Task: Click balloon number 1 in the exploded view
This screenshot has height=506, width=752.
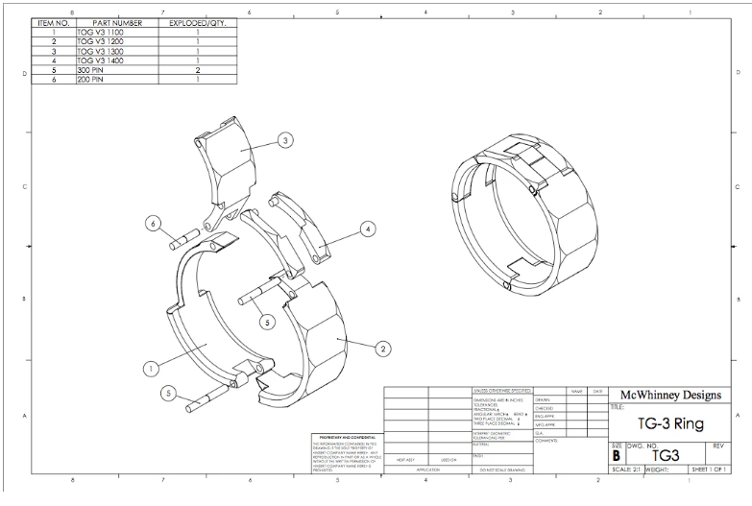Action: pyautogui.click(x=150, y=367)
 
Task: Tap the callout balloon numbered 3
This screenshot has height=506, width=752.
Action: pyautogui.click(x=285, y=140)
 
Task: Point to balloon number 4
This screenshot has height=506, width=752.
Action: pyautogui.click(x=368, y=229)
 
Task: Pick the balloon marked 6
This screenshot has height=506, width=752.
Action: pyautogui.click(x=152, y=223)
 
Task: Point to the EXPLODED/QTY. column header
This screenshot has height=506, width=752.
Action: pyautogui.click(x=197, y=22)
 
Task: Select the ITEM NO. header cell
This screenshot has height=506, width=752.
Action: pyautogui.click(x=54, y=22)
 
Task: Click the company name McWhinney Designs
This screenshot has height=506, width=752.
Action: pyautogui.click(x=671, y=395)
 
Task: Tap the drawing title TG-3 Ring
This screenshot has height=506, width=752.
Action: pyautogui.click(x=670, y=423)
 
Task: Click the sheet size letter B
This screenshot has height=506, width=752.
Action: pyautogui.click(x=616, y=457)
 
